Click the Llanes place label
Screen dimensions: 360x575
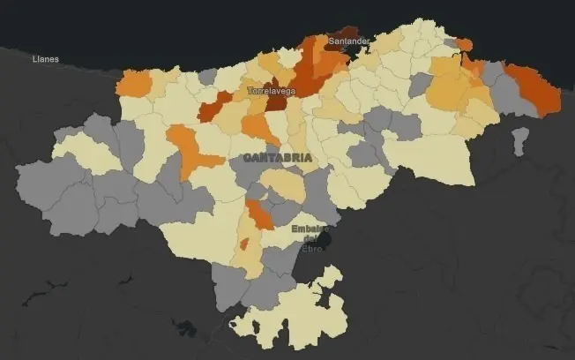point(44,59)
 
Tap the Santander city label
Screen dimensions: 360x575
point(348,41)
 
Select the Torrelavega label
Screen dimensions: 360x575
point(271,91)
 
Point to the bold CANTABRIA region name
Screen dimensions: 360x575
point(276,158)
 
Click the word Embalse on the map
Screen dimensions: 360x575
point(310,229)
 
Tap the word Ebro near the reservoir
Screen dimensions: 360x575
point(312,249)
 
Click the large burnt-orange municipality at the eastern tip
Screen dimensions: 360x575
point(534,88)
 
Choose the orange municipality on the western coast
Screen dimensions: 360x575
point(134,83)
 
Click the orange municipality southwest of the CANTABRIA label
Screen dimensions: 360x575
point(192,153)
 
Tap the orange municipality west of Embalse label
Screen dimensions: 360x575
point(259,214)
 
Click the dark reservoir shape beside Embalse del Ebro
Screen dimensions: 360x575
point(325,238)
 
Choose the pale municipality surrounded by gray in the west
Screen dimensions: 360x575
point(86,152)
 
